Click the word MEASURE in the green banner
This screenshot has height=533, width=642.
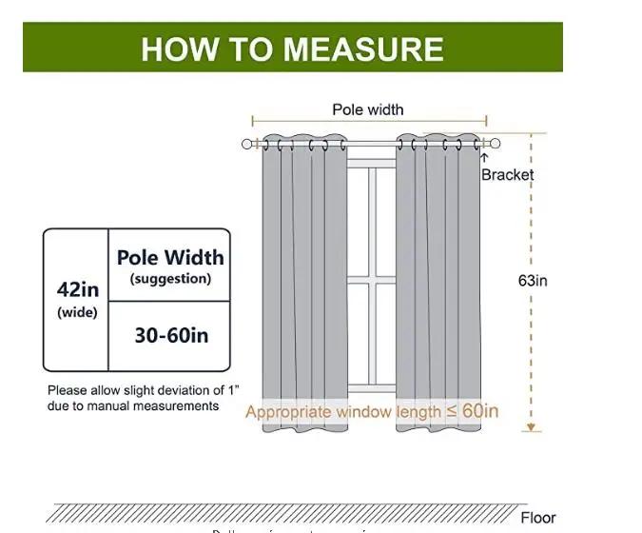pyautogui.click(x=374, y=49)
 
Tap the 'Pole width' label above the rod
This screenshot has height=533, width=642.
pyautogui.click(x=367, y=109)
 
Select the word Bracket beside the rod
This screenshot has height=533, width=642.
pyautogui.click(x=507, y=174)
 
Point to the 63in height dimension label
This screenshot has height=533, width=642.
pyautogui.click(x=533, y=281)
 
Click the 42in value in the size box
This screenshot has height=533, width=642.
pyautogui.click(x=77, y=288)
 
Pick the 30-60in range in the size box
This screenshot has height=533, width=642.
pyautogui.click(x=170, y=335)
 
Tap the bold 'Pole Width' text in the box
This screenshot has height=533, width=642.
pyautogui.click(x=170, y=257)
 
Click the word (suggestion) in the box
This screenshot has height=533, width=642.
pyautogui.click(x=170, y=279)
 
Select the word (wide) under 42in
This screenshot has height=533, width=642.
pyautogui.click(x=77, y=312)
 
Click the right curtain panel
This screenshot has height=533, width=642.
pyautogui.click(x=438, y=286)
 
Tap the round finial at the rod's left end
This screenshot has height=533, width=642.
pyautogui.click(x=247, y=144)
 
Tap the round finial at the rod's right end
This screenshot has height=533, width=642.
pyautogui.click(x=495, y=144)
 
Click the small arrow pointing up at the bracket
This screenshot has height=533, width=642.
pyautogui.click(x=484, y=158)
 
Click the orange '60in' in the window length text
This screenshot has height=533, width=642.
pyautogui.click(x=480, y=411)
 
